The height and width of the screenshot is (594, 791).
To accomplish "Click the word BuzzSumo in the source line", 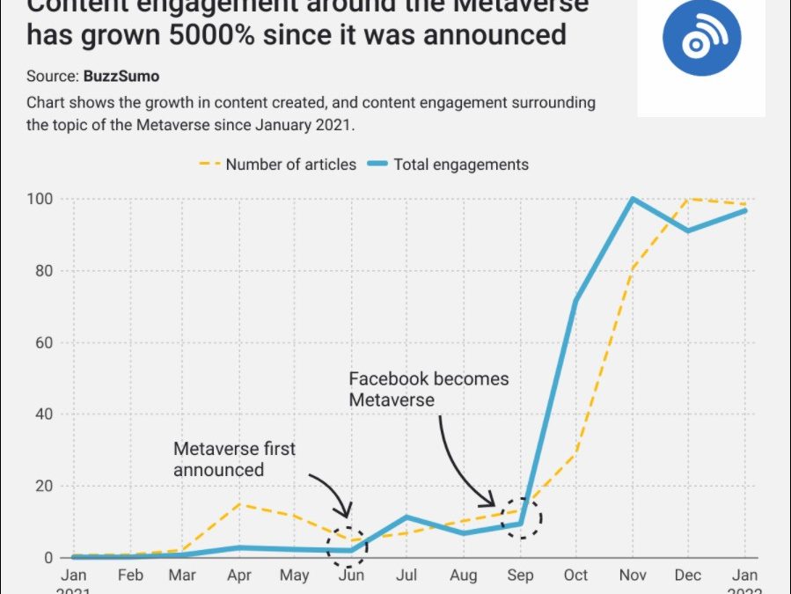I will coord(121,77).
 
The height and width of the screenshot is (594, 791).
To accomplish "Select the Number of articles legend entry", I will coord(279,164).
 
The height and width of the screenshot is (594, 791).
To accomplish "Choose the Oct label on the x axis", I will coord(576,576).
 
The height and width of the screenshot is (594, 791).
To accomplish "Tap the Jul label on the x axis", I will coord(407,576).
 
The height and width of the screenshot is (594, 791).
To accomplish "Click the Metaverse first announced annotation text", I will coord(234,459).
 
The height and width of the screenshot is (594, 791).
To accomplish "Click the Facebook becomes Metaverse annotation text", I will coord(428,389).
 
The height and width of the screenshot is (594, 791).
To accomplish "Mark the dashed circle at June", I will coord(351,546).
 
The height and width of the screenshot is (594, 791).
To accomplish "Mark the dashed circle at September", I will coord(521,519).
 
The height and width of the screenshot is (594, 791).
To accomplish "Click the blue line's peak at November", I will coord(633,199).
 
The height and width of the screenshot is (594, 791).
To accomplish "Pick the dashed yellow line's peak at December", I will coord(689,199).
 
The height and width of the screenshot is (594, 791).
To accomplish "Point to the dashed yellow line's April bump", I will coord(239,504).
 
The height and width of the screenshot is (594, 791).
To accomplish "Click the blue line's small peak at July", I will coord(406,517).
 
